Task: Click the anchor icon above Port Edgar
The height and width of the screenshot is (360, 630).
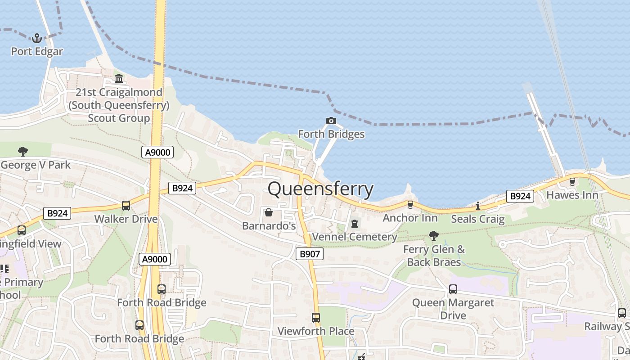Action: (37, 38)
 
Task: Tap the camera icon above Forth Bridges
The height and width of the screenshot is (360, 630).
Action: (331, 121)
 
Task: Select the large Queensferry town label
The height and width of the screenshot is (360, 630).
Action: (320, 189)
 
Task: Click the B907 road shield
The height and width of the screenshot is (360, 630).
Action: (310, 254)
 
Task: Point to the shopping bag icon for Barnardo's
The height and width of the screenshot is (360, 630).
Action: (269, 212)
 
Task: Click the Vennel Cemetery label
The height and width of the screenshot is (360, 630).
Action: (355, 237)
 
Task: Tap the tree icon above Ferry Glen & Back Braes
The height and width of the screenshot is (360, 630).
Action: (434, 235)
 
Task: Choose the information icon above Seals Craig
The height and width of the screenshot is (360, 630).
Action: (477, 206)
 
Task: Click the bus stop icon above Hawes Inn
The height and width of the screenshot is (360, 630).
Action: (572, 182)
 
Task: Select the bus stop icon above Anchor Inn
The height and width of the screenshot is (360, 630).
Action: (410, 205)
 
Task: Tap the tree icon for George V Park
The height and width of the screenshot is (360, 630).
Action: (22, 152)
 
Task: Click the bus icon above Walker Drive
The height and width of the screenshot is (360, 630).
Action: (126, 206)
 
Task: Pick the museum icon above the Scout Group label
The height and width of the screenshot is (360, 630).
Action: (119, 79)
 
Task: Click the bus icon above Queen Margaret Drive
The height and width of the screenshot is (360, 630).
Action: (453, 289)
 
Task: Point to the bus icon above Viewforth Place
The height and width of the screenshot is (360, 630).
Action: (316, 318)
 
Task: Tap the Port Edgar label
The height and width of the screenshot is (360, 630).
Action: (37, 51)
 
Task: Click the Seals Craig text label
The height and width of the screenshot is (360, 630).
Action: (477, 219)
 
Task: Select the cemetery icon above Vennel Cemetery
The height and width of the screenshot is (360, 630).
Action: (355, 223)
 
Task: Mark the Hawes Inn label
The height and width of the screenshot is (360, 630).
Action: (572, 195)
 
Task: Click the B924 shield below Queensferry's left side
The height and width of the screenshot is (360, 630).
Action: (182, 188)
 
